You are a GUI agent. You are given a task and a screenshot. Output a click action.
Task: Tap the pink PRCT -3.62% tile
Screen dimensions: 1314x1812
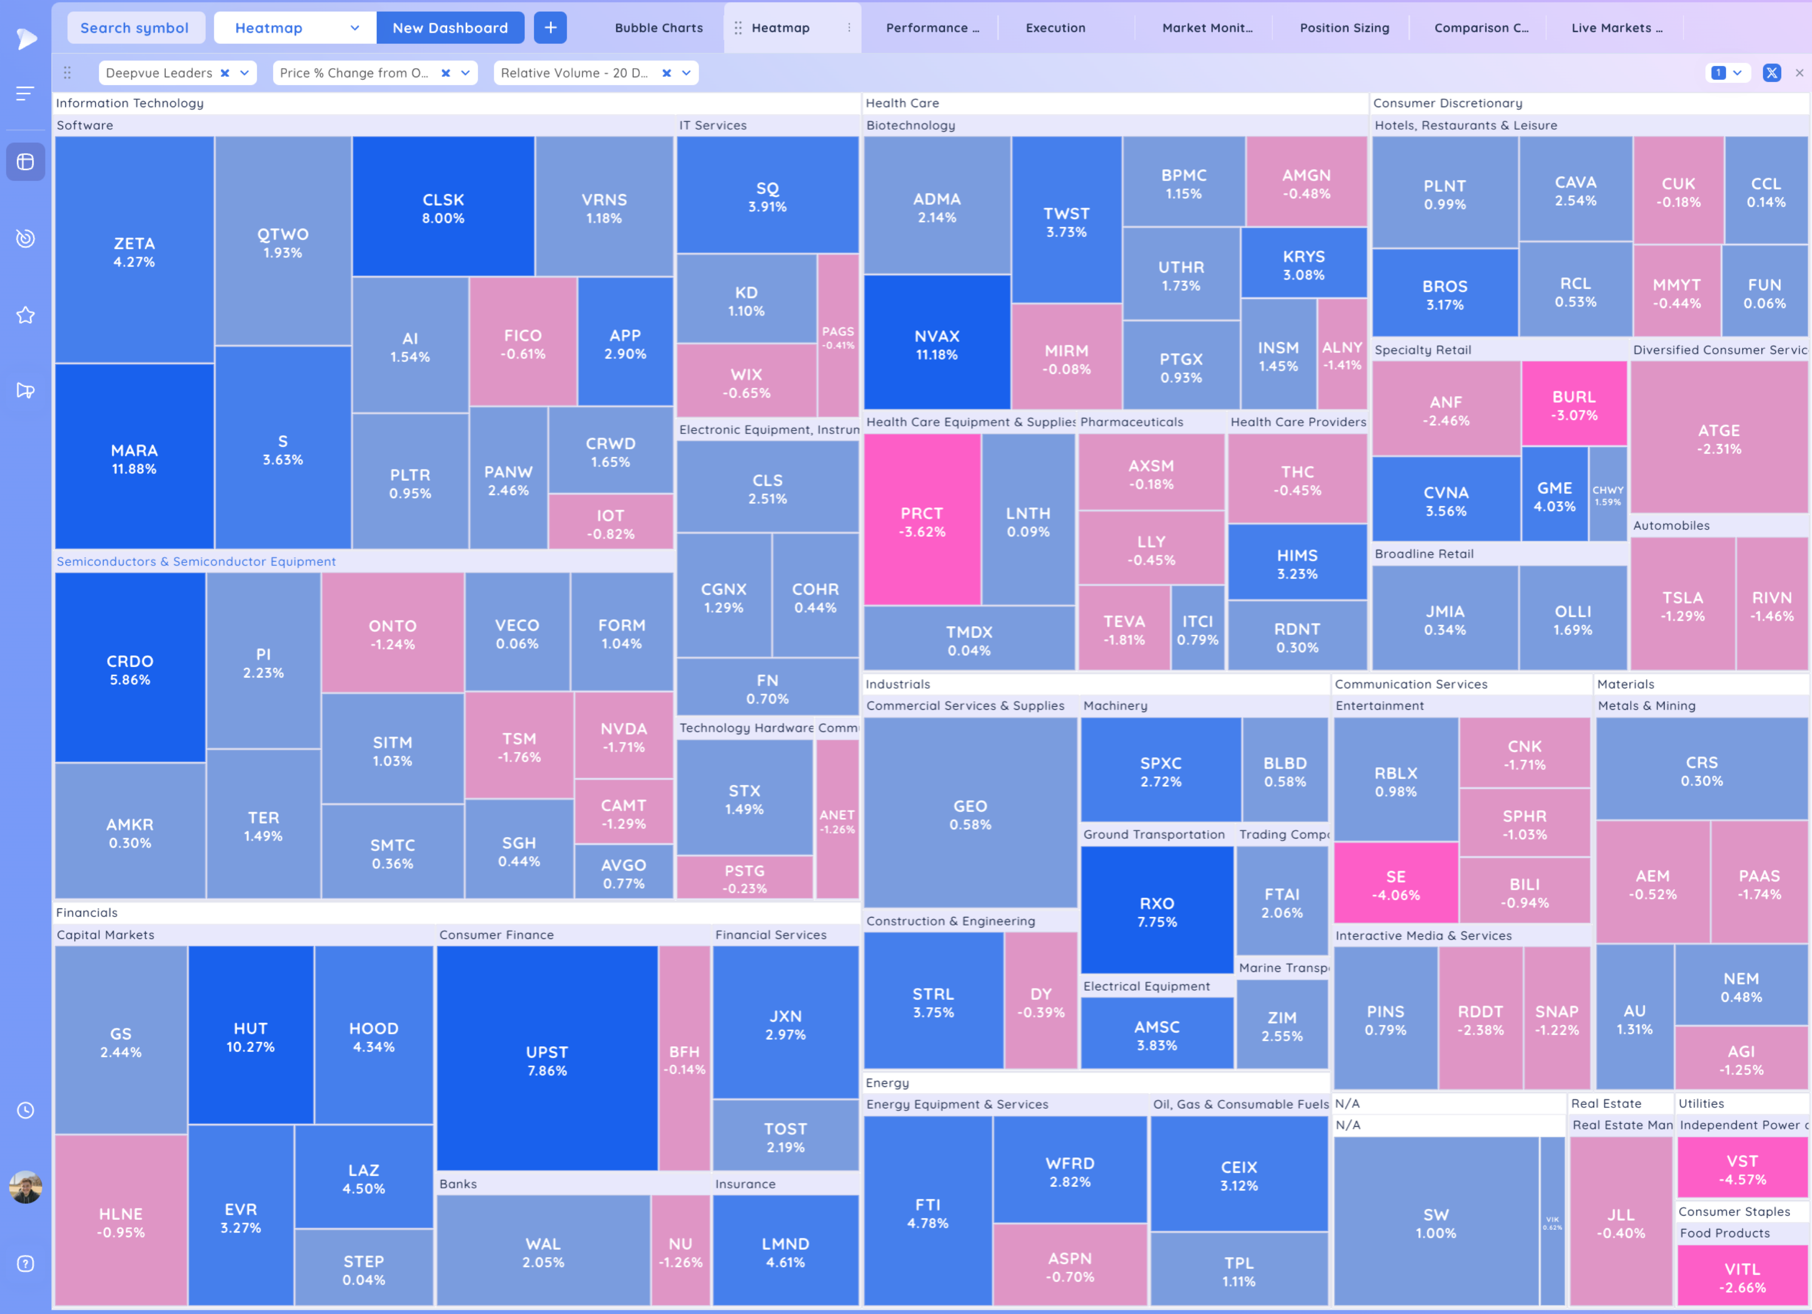tap(922, 521)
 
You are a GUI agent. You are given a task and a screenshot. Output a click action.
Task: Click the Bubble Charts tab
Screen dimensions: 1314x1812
tap(658, 28)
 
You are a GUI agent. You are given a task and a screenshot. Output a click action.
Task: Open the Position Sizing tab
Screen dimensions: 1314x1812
tap(1344, 28)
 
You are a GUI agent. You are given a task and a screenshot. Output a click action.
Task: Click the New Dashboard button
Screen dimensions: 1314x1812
tap(450, 28)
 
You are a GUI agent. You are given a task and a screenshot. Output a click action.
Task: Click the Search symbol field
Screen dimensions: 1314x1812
tap(134, 28)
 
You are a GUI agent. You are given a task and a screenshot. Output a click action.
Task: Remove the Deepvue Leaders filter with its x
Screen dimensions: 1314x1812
tap(225, 73)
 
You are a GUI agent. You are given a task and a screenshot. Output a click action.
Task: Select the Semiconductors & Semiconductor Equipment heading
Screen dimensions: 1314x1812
tap(196, 561)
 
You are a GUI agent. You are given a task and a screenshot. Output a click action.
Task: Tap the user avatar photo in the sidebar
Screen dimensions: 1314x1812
tap(25, 1187)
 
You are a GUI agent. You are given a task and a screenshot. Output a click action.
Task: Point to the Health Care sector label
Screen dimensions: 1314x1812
tap(902, 103)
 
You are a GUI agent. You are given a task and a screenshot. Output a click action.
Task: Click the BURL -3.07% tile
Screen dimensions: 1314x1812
tap(1574, 405)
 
